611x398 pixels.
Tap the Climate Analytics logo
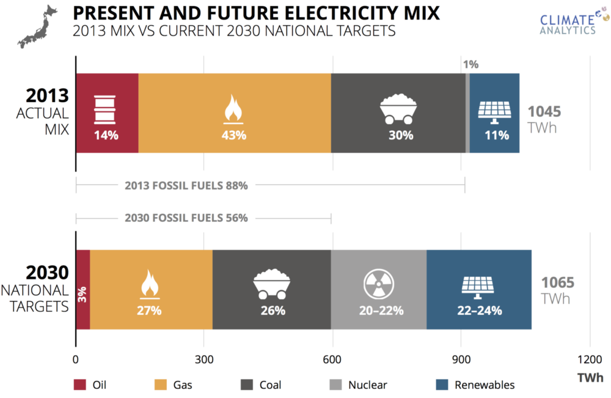point(568,23)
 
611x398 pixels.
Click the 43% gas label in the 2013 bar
point(233,135)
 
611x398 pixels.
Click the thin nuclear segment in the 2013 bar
point(467,113)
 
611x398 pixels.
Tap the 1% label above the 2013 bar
point(470,64)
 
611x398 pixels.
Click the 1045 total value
point(544,112)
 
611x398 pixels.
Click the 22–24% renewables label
point(480,311)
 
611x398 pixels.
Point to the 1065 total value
point(557,282)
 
